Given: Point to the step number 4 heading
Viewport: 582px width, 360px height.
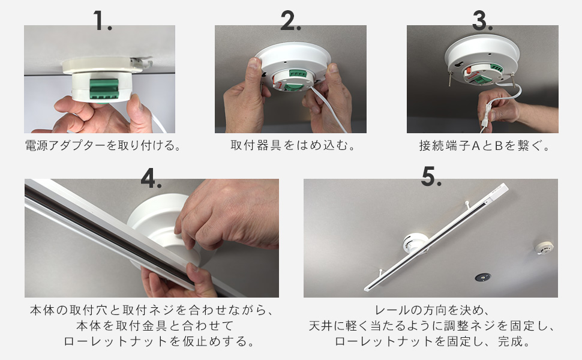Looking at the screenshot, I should tap(152, 177).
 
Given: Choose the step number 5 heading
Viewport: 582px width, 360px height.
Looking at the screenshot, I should tap(431, 177).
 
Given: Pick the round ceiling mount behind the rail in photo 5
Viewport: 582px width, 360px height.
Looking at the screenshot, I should tap(416, 245).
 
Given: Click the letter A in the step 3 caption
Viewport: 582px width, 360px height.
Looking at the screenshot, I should tap(474, 145).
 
